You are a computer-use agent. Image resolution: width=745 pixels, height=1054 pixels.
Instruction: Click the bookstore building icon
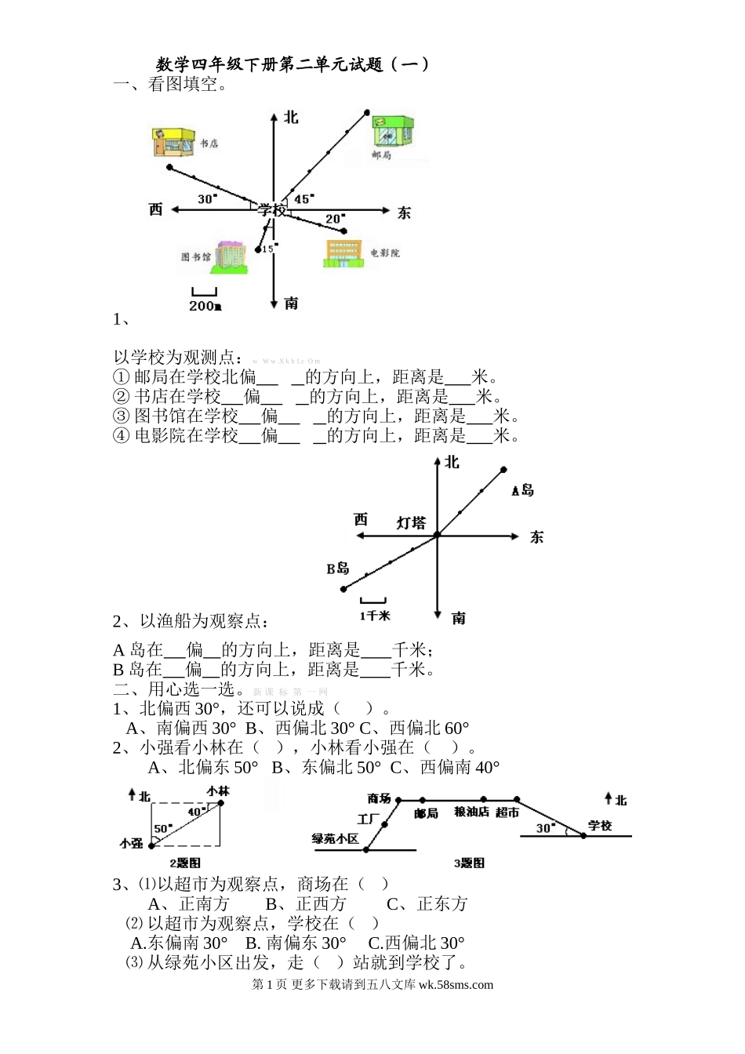click(172, 144)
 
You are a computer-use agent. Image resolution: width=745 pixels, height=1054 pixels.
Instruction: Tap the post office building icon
click(392, 131)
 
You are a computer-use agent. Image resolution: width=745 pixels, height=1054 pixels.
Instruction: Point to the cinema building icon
click(343, 253)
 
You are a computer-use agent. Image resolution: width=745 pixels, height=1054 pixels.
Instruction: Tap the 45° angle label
click(303, 199)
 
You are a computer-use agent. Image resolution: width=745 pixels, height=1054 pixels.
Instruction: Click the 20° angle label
click(335, 219)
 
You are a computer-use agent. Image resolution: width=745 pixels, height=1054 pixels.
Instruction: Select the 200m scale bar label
click(205, 306)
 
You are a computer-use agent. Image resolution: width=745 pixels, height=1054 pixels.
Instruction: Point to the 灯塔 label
click(410, 522)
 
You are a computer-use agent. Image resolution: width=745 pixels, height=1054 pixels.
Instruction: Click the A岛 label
click(522, 490)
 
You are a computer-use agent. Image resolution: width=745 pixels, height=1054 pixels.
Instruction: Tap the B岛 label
click(338, 569)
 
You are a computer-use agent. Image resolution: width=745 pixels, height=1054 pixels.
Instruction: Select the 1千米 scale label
click(375, 616)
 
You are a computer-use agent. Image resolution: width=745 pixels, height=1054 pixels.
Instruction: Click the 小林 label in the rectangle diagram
click(218, 791)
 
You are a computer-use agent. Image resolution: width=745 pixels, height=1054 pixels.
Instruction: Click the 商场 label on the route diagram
click(380, 798)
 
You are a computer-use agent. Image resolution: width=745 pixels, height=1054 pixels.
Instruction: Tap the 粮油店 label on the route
click(472, 812)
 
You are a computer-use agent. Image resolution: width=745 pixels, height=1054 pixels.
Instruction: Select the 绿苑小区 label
click(335, 839)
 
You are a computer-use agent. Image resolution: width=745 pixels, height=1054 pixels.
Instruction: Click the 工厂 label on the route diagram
click(369, 820)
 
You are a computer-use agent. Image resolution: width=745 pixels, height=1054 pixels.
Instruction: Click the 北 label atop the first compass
click(291, 117)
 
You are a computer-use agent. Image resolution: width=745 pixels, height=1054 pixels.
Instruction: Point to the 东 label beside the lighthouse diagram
click(536, 537)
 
